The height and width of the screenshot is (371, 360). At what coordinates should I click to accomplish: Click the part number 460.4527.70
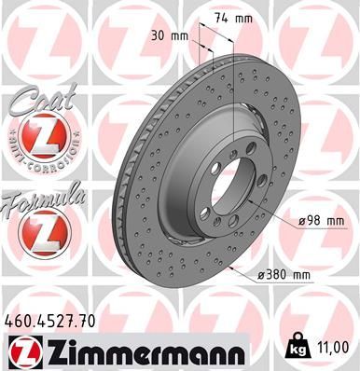pos(56,322)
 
